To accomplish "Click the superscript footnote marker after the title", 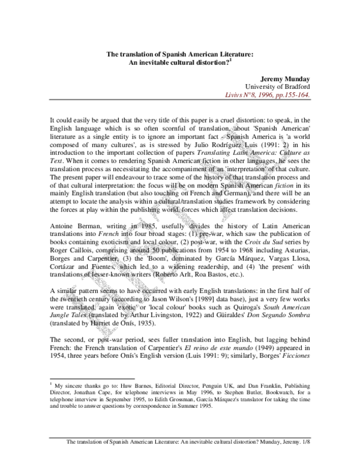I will pos(232,58).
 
